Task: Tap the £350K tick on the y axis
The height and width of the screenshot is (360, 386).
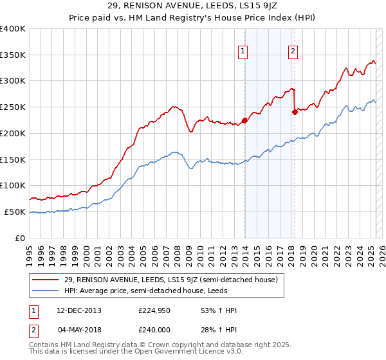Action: pos(13,55)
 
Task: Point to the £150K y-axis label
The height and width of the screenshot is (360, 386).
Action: pos(13,159)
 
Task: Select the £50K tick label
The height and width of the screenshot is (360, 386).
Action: pos(15,212)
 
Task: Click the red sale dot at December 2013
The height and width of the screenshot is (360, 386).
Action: pos(244,120)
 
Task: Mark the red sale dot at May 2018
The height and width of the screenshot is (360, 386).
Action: pos(295,112)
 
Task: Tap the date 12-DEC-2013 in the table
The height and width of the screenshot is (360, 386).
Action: pos(79,310)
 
